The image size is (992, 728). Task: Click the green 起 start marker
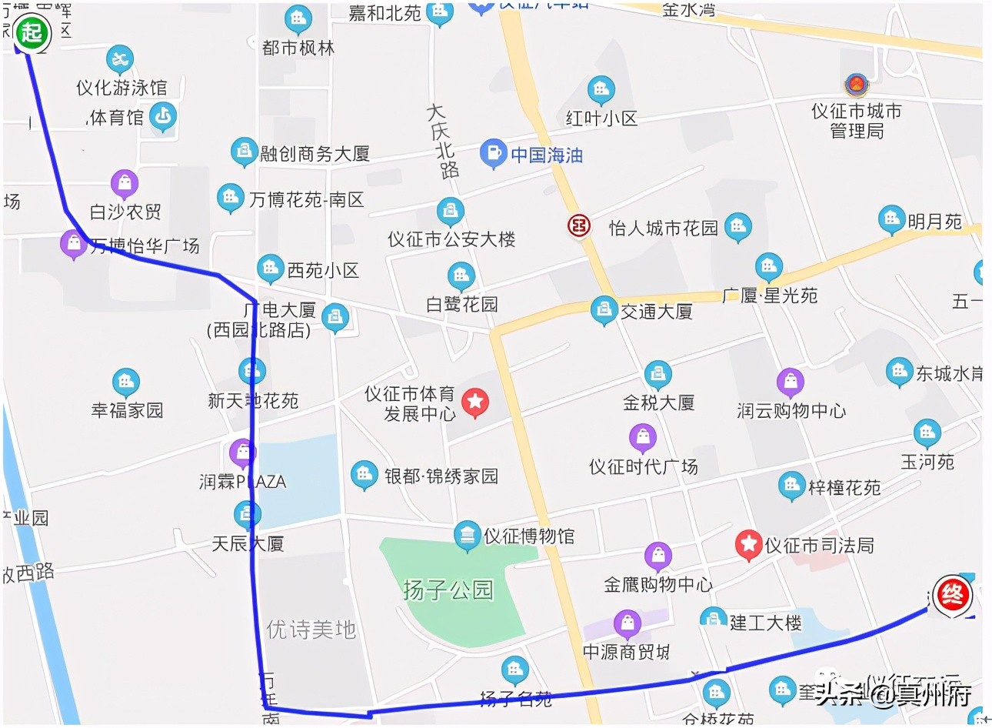coord(32,33)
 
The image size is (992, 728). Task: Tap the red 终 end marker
coord(952,595)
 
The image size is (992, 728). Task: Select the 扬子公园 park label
coord(448,590)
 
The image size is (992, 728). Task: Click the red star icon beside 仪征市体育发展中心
coord(475,401)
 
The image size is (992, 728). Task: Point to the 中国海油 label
coord(547,155)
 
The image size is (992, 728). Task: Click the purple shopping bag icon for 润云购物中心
coord(790,382)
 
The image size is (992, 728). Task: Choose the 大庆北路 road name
coord(443,142)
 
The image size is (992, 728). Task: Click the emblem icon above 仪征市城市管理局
coord(856,85)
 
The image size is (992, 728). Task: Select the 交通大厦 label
coord(656,312)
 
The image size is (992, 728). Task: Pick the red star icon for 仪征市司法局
coord(747,544)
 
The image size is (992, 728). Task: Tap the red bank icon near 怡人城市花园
coord(578,225)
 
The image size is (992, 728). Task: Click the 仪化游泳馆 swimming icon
coord(120,58)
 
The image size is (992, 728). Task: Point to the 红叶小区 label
coord(601,119)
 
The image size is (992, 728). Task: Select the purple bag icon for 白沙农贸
coord(125,183)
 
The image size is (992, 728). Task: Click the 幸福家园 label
coord(128,410)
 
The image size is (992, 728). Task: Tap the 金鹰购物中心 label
coord(658,585)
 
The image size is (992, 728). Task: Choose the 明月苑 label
coord(934,222)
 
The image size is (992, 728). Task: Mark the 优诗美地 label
coord(311,630)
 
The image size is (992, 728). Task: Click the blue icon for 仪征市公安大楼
coord(450,211)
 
